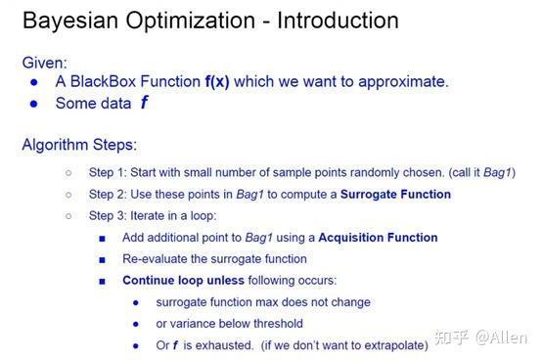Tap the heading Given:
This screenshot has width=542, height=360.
pos(45,63)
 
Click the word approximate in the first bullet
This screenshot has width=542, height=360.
pos(403,81)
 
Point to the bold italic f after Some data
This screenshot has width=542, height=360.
pos(144,103)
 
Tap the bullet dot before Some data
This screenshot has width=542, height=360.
pos(35,103)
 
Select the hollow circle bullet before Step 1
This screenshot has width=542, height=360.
pos(68,173)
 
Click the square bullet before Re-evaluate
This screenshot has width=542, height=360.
pos(102,259)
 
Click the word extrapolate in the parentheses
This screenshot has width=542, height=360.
pos(390,345)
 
